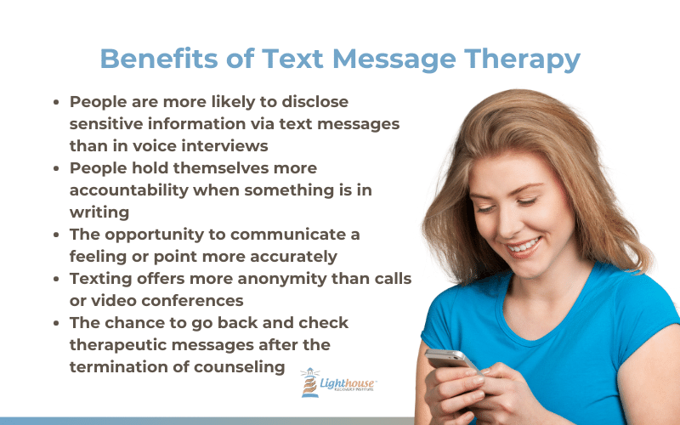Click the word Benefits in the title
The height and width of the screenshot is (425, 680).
[x=159, y=58]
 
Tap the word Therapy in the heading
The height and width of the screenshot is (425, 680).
[x=522, y=59]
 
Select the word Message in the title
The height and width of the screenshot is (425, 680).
[x=394, y=59]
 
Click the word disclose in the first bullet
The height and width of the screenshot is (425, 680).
[x=314, y=101]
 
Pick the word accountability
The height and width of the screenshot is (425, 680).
[x=129, y=190]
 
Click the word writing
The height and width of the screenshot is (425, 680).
[x=99, y=212]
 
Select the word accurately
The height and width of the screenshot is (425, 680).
[x=293, y=257]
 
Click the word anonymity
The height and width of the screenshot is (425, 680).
[x=282, y=279]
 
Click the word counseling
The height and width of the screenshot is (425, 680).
[x=240, y=367]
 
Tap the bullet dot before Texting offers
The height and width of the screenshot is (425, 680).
[x=56, y=279]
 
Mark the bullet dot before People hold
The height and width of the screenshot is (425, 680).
[x=56, y=168]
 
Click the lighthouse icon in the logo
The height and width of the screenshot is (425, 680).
[x=309, y=382]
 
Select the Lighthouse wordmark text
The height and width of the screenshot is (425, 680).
[x=347, y=383]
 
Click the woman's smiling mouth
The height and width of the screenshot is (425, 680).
[x=524, y=246]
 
